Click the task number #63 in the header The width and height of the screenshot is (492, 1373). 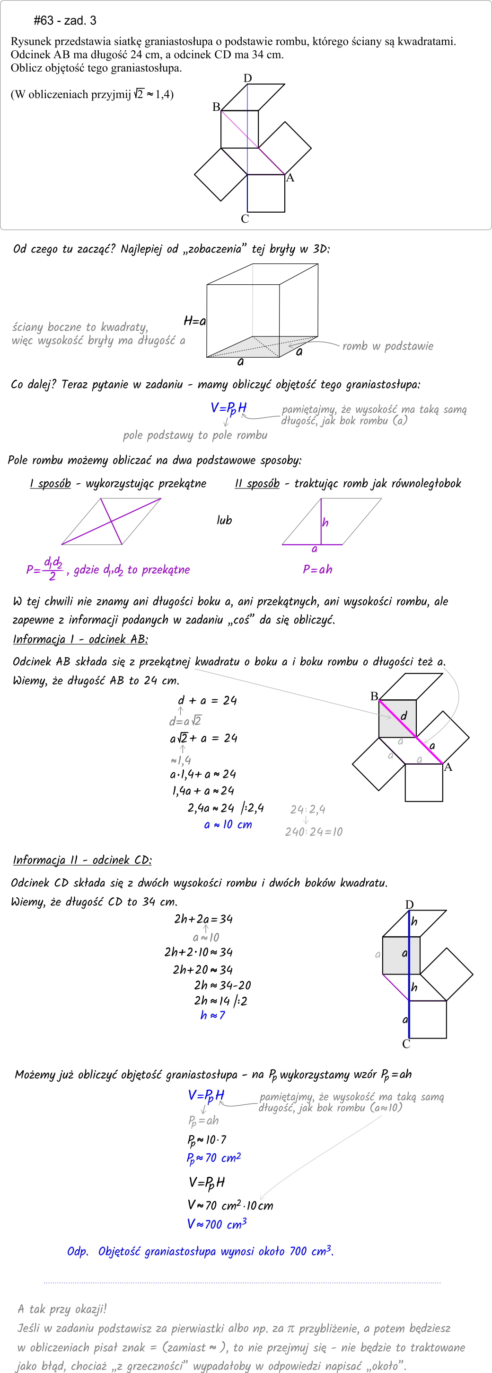44,21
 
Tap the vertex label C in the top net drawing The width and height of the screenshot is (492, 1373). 245,219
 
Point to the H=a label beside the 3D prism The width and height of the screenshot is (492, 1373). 194,321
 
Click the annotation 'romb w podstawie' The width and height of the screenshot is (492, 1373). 387,346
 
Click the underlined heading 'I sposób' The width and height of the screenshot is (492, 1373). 50,483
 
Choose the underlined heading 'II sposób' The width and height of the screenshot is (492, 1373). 257,483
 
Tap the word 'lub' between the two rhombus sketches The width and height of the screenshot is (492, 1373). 224,520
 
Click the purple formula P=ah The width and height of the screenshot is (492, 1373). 317,569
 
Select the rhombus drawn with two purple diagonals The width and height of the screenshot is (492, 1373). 111,522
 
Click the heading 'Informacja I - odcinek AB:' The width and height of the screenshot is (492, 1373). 80,639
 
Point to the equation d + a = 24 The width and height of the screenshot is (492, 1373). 207,700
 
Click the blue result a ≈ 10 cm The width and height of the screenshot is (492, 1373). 228,824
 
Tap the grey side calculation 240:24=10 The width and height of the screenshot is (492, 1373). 314,831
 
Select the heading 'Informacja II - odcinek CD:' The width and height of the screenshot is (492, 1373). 82,860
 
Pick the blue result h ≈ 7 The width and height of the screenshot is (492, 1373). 212,1015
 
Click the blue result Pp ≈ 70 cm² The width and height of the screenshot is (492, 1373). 213,1158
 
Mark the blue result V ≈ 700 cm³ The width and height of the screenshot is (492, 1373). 217,1224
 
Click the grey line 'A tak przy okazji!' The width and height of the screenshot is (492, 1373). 62,1309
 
